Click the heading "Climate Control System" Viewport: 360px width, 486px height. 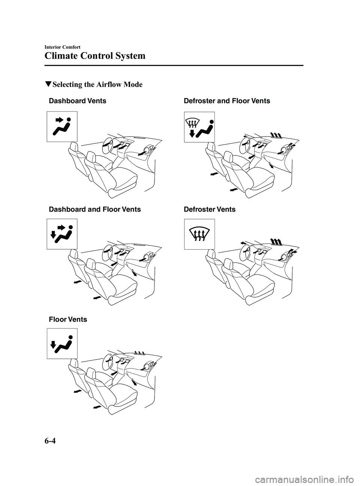coord(95,56)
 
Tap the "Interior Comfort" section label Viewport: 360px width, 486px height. coord(62,47)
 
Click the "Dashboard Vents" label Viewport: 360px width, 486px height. coord(78,101)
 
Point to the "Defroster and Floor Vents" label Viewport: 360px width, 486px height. coord(227,101)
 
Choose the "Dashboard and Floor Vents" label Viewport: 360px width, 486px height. coord(95,209)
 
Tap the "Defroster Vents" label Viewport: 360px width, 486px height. coord(210,209)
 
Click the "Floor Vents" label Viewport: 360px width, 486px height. coord(68,319)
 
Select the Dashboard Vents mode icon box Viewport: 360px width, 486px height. coord(62,126)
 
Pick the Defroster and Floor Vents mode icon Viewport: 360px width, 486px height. coord(199,127)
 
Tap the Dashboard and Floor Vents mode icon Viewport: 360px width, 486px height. coord(62,234)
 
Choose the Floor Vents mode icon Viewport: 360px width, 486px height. coord(62,343)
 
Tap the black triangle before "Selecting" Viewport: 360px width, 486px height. coord(48,84)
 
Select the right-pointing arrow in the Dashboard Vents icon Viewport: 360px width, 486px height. coord(59,120)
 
